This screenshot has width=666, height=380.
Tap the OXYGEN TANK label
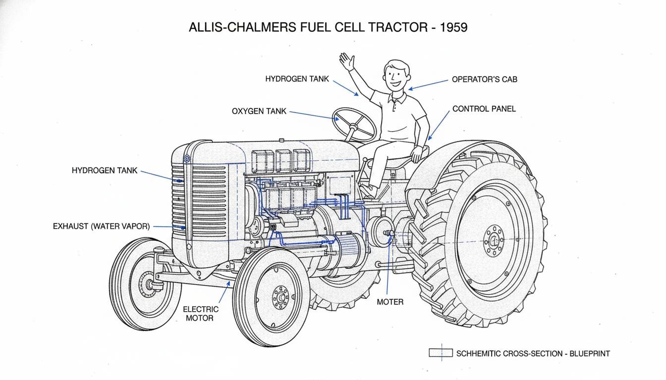click(x=259, y=111)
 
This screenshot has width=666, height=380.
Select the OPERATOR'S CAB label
click(x=484, y=79)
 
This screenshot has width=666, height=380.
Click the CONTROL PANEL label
click(x=484, y=109)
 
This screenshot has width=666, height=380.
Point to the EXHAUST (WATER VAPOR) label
click(x=101, y=226)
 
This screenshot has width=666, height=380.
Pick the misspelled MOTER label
click(x=390, y=302)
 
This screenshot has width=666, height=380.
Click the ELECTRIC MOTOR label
click(x=201, y=313)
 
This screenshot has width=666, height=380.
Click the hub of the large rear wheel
click(x=494, y=241)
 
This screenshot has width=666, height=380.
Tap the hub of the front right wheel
click(x=281, y=297)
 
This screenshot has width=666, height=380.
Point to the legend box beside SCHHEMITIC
click(x=441, y=353)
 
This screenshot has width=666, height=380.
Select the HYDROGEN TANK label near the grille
click(x=105, y=170)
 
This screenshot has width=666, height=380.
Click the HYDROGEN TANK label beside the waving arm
click(x=297, y=79)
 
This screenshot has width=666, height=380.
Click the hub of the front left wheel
click(x=147, y=284)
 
